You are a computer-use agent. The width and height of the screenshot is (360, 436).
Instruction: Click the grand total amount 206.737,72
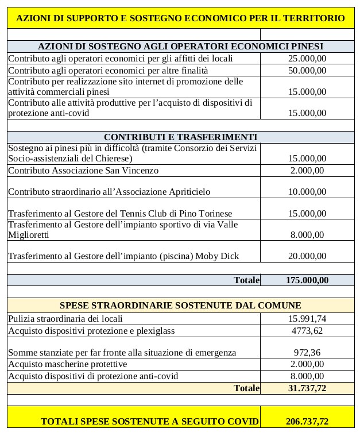coord(307,422)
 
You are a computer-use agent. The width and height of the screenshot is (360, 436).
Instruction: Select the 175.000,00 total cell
coord(307,280)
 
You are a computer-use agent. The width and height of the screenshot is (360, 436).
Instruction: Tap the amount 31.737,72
coord(307,388)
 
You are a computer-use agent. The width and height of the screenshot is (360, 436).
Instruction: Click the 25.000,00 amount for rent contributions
coord(307,57)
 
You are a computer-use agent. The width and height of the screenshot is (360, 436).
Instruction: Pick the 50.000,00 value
coord(307,70)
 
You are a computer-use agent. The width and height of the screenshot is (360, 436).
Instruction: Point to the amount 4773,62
coord(307,330)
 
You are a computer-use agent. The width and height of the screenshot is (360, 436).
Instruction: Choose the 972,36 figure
coord(307,352)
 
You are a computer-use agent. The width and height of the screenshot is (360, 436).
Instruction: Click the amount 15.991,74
coord(307,318)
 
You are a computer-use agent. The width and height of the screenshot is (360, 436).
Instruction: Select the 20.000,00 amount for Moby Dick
coord(307,256)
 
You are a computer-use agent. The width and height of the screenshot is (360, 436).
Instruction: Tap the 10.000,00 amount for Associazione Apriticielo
coord(307,191)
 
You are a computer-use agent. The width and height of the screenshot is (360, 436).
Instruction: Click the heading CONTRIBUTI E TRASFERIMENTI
coord(180,137)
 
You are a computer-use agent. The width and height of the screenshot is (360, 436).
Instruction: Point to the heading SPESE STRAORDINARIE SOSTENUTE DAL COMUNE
coord(180,305)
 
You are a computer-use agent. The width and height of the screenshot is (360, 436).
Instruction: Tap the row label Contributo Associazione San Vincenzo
coord(83,170)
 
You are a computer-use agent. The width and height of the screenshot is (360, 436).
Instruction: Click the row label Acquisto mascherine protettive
coord(67,364)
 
